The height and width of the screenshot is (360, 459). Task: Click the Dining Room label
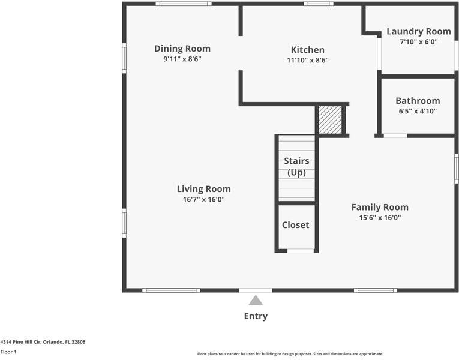[x=182, y=49]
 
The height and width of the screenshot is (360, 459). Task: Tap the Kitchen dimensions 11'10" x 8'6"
[x=308, y=60]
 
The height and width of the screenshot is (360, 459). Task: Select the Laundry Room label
[x=419, y=32]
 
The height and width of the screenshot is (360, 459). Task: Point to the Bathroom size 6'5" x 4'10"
[x=418, y=111]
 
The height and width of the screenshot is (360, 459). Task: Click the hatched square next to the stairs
[x=330, y=120]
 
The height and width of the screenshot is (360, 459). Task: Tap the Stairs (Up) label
[x=296, y=167]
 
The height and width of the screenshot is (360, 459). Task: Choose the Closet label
[x=295, y=225]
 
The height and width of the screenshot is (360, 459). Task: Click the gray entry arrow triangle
[x=256, y=300]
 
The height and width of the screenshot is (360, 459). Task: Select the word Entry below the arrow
[x=256, y=316]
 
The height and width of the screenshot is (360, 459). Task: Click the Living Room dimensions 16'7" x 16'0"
[x=204, y=200]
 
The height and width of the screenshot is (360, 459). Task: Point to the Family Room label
[x=380, y=207]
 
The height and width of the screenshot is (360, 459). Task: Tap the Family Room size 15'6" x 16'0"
[x=380, y=218]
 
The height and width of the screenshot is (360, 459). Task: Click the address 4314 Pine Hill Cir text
[x=21, y=342]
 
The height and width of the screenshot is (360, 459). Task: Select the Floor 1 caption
[x=8, y=352]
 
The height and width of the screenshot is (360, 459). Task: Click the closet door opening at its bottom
[x=301, y=251]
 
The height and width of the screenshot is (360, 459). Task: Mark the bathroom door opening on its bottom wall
[x=395, y=136]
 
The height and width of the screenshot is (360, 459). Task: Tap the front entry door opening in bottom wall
[x=256, y=290]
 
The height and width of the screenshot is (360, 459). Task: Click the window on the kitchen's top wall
[x=319, y=4]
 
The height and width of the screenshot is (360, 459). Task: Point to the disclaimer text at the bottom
[x=290, y=354]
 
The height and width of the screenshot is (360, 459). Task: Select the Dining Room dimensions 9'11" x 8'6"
[x=182, y=59]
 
